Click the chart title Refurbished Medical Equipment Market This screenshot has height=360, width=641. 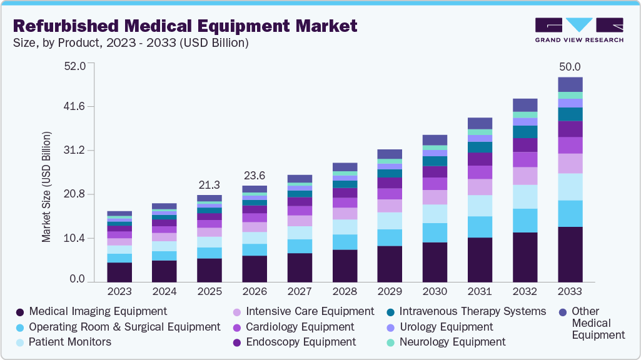185,26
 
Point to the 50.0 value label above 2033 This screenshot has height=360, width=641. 570,67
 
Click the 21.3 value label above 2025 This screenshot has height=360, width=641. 209,184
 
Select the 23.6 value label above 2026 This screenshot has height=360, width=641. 255,175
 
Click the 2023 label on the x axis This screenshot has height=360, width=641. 119,292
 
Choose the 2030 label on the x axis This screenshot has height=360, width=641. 435,292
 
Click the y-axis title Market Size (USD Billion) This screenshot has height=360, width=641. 46,187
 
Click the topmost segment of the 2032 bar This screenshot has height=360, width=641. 525,105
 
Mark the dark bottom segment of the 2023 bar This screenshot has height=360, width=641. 119,272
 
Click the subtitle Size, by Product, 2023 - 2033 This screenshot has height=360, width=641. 131,43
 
